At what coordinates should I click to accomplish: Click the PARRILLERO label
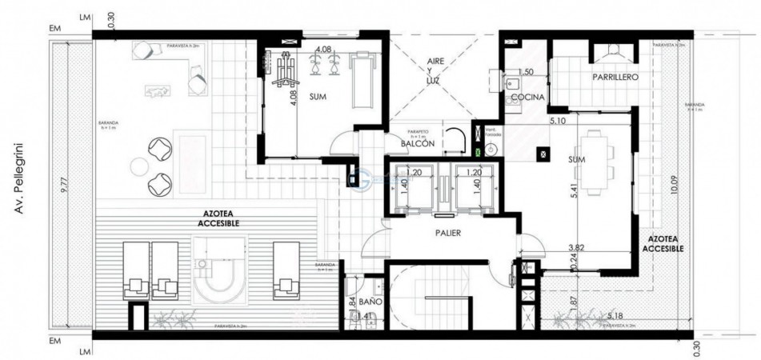(615, 78)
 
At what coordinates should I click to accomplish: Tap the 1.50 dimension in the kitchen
(526, 72)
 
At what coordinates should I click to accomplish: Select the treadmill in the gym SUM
(365, 78)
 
